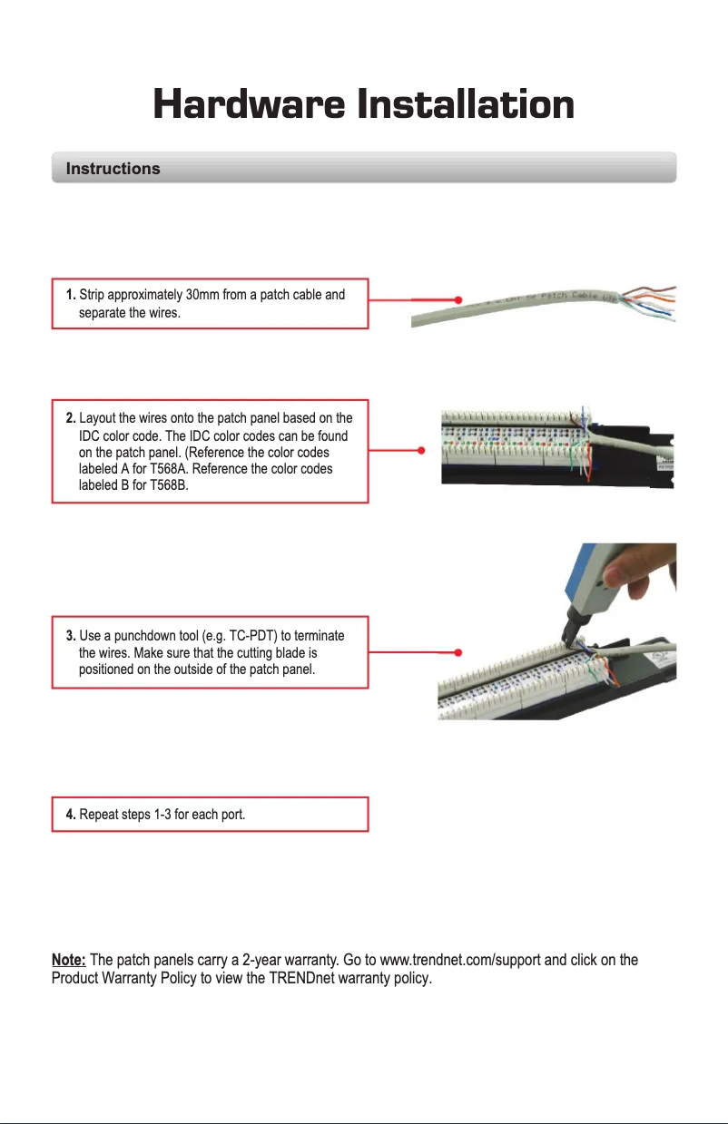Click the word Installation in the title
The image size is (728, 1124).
click(465, 104)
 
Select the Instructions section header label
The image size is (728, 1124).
click(113, 169)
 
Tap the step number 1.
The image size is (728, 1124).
click(71, 295)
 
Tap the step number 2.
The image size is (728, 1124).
click(71, 418)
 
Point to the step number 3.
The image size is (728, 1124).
click(71, 635)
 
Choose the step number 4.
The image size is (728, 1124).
click(71, 815)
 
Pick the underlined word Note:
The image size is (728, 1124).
click(68, 961)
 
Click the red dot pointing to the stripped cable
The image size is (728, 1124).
click(459, 298)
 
